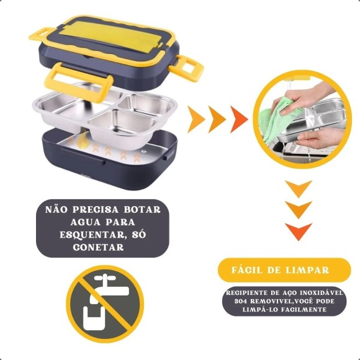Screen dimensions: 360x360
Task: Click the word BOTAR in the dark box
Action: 142,210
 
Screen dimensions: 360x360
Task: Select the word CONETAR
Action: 98,247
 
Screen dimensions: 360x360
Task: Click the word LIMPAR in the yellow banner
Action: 308,270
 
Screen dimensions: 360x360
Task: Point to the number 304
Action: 240,301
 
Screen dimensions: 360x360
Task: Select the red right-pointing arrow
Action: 238,119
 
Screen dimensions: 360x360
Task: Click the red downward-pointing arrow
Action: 299,231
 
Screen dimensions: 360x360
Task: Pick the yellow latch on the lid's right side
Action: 186,68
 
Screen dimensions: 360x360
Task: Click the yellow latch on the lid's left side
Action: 42,34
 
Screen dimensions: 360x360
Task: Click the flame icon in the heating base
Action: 82,140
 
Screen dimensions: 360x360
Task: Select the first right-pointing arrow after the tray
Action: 196,119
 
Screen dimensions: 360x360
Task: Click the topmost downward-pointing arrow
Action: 299,188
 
